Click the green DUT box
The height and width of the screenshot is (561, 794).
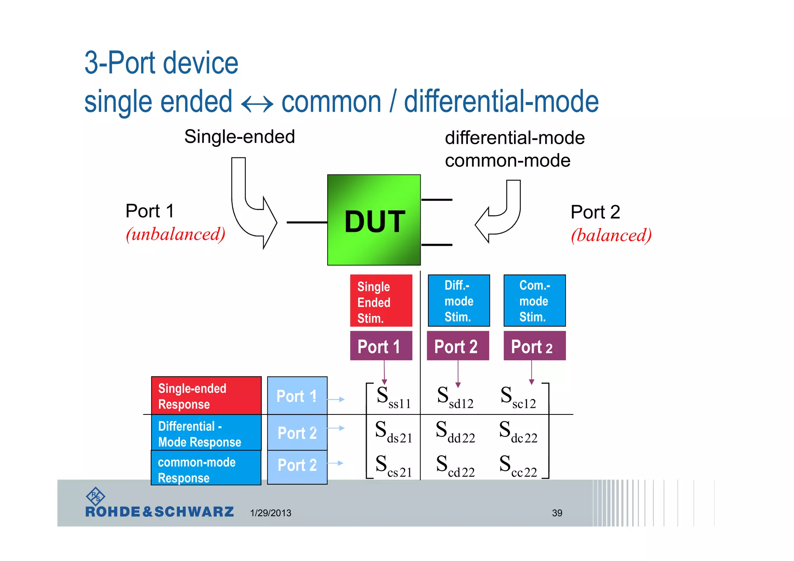pyautogui.click(x=374, y=220)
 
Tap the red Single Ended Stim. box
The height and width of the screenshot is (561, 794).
pyautogui.click(x=381, y=301)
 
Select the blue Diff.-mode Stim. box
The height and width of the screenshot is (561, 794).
pyautogui.click(x=459, y=301)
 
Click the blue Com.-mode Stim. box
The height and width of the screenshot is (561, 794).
pyautogui.click(x=534, y=301)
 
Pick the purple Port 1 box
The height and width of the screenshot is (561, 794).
pyautogui.click(x=381, y=346)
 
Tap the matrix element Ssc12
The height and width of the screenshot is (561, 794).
pyautogui.click(x=518, y=397)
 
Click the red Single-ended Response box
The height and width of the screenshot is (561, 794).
pyautogui.click(x=206, y=396)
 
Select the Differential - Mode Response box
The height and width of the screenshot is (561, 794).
pyautogui.click(x=206, y=433)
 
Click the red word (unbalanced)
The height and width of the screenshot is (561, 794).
pyautogui.click(x=175, y=234)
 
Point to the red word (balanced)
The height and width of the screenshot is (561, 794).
pyautogui.click(x=611, y=235)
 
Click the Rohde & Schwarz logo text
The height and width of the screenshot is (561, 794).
pyautogui.click(x=159, y=512)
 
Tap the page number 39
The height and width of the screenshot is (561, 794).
pyautogui.click(x=557, y=513)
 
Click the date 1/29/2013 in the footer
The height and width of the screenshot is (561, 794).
pyautogui.click(x=271, y=513)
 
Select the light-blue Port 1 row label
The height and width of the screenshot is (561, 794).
pyautogui.click(x=297, y=396)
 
